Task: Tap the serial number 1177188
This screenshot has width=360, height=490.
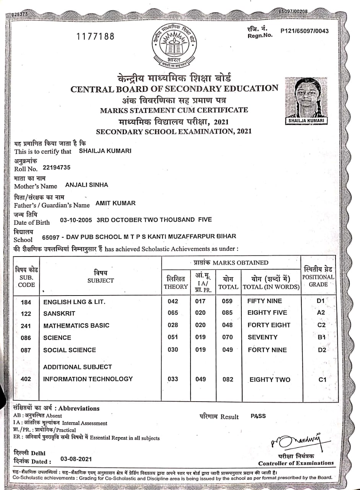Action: [x=96, y=37]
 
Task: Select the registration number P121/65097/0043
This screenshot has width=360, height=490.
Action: [x=304, y=31]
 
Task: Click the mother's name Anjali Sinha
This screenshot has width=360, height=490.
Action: [x=87, y=185]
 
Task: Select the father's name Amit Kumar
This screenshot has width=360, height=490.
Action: [x=116, y=203]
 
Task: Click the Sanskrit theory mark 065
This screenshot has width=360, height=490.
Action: [x=173, y=313]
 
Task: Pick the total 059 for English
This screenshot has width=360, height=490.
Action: [x=227, y=301]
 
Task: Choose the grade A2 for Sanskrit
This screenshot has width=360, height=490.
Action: [x=321, y=313]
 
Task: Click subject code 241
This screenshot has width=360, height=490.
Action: [x=26, y=326]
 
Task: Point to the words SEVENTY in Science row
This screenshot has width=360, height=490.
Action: [x=262, y=337]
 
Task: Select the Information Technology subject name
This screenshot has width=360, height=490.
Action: [x=88, y=379]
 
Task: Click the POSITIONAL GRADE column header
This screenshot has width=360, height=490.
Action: [x=318, y=276]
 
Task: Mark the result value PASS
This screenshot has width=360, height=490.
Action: [x=258, y=416]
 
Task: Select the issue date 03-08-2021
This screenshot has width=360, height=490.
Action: [x=76, y=459]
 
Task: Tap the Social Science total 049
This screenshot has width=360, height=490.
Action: [x=227, y=350]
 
